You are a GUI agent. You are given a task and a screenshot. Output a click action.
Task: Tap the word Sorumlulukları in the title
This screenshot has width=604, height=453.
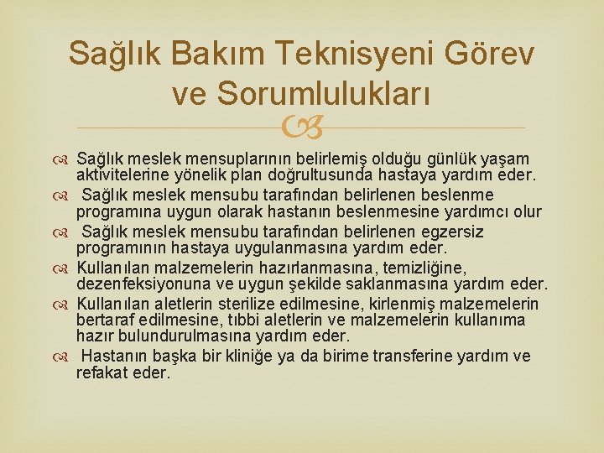[x=324, y=95]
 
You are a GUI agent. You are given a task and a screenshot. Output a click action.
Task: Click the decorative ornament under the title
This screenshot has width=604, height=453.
[x=302, y=128]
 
